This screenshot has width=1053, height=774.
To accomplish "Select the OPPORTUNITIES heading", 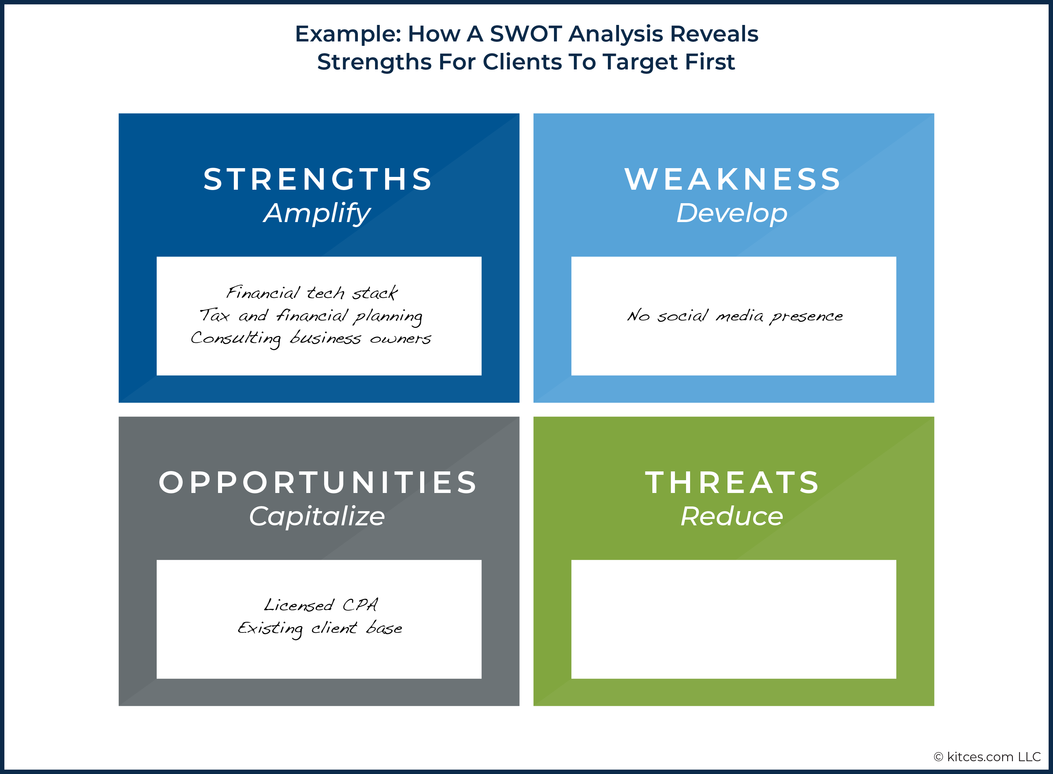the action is click(318, 482).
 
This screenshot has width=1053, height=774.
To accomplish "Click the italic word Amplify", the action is click(317, 214).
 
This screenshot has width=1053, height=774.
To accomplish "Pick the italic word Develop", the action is click(732, 214).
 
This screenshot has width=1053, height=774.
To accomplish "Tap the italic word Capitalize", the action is click(317, 516).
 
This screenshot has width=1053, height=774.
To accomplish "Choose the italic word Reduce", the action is click(732, 516).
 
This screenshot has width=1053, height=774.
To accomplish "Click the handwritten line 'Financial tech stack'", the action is click(312, 292).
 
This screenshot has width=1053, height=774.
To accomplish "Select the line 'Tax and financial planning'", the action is click(311, 315).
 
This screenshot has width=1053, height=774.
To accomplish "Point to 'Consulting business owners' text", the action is click(311, 338).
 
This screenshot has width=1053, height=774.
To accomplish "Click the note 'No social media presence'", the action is click(735, 316).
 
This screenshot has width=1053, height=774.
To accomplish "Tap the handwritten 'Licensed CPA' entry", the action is click(321, 605).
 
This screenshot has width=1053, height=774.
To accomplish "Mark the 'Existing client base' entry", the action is click(320, 628).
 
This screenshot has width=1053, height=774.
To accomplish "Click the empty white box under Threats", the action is click(734, 619).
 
